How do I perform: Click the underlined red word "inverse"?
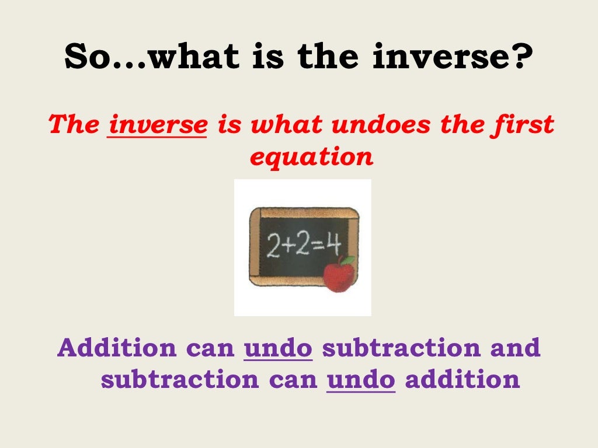click(x=158, y=125)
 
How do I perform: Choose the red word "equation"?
click(x=311, y=156)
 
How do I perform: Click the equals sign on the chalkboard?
click(x=315, y=246)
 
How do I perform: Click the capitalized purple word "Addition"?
click(x=117, y=348)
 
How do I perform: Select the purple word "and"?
click(x=515, y=348)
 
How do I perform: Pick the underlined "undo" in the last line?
click(x=361, y=380)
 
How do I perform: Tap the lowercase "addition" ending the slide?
click(x=462, y=380)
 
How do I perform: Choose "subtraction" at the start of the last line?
click(x=179, y=380)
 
